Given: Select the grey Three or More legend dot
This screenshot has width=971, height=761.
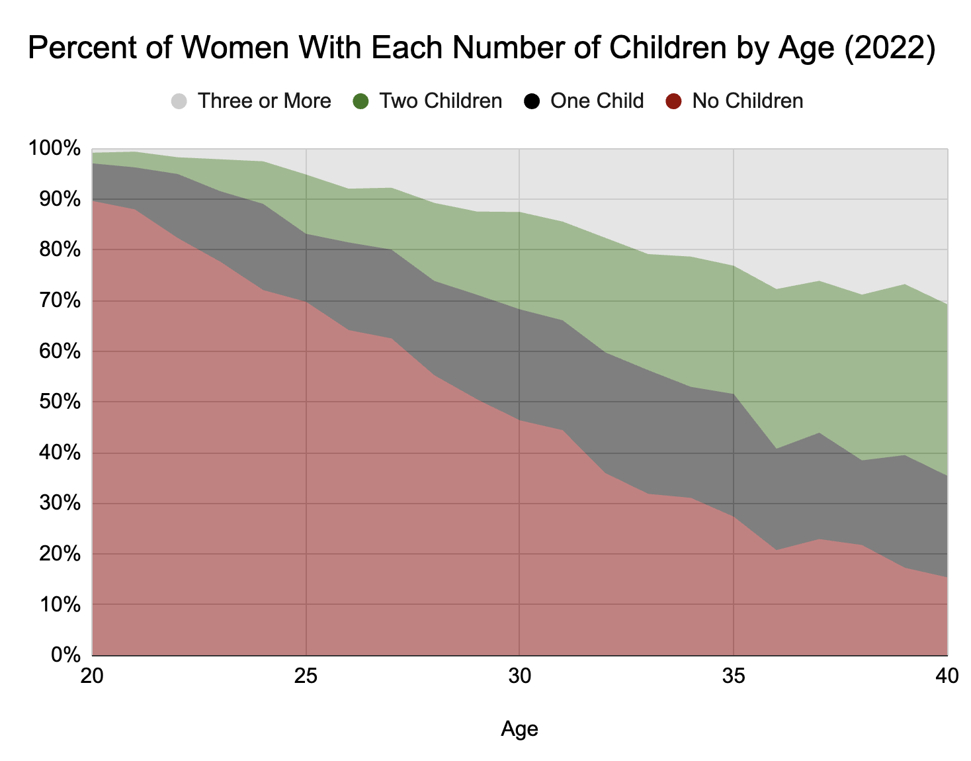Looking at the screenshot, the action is (x=179, y=101).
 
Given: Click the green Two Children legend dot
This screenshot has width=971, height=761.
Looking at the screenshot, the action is (x=360, y=101).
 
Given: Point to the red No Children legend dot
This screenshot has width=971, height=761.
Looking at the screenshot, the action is (x=673, y=101).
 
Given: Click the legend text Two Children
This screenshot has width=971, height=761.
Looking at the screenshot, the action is (x=441, y=101).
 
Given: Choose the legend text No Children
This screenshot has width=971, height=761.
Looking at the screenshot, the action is (x=747, y=101).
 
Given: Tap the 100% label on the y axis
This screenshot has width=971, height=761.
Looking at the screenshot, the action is (x=54, y=148).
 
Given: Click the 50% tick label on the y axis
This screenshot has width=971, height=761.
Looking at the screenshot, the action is (x=60, y=402).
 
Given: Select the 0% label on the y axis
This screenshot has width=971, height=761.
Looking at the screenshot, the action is (x=65, y=655).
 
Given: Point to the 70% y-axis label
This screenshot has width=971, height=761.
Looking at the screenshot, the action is (x=60, y=300).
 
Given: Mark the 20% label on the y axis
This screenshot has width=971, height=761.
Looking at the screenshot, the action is (x=60, y=554).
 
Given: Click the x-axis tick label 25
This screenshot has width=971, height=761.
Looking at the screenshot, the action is (x=306, y=676).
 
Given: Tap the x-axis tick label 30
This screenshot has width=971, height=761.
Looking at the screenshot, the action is (x=520, y=676).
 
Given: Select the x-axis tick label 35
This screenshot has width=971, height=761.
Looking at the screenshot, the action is (x=734, y=676).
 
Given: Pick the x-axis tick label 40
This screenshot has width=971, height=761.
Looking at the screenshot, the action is (x=947, y=676).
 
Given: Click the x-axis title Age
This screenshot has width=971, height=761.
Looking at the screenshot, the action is (x=519, y=729).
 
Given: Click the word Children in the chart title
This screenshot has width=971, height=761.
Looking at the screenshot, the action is (x=668, y=48).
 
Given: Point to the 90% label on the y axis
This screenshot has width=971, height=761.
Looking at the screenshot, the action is (x=60, y=199).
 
